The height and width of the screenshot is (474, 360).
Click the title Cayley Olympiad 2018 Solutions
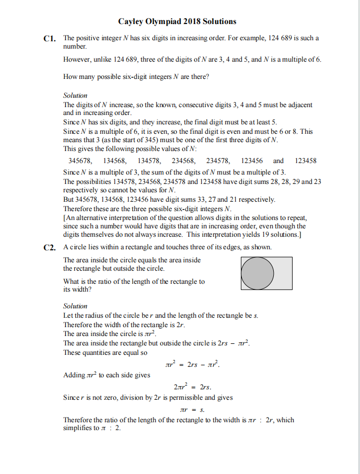coord(177,21)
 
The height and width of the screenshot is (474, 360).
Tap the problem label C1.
coord(49,39)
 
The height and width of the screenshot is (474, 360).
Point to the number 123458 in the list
coord(306,161)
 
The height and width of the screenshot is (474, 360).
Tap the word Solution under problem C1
coord(75,96)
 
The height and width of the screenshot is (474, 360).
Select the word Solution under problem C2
coord(75,306)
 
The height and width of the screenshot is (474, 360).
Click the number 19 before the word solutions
coord(261,235)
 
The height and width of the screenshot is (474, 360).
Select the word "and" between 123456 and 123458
coord(278,161)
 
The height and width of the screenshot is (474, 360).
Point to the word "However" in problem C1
coord(76,59)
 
